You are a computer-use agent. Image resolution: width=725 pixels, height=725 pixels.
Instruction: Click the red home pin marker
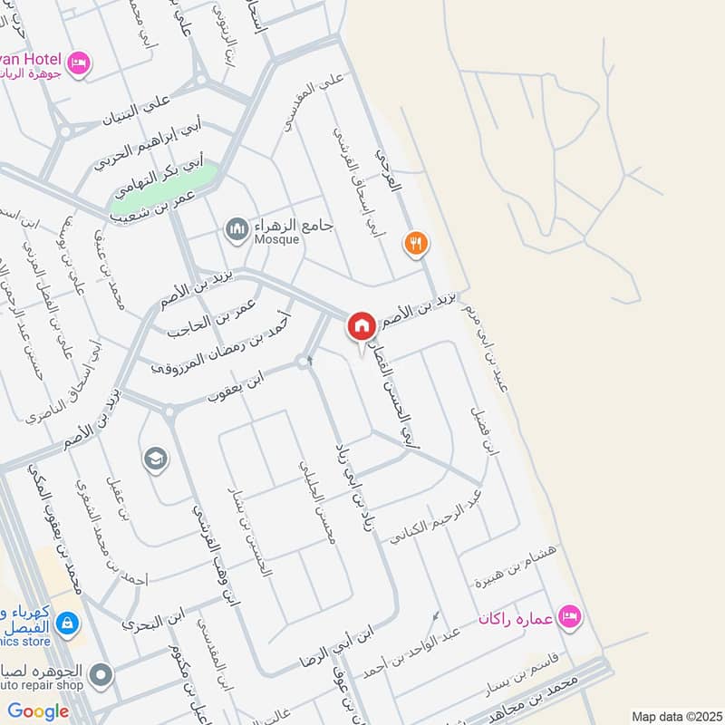361,326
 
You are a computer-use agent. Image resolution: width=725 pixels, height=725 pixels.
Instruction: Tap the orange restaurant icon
416,243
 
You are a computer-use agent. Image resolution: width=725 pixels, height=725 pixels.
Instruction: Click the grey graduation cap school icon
156,459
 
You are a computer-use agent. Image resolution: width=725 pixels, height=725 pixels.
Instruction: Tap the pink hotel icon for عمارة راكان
570,616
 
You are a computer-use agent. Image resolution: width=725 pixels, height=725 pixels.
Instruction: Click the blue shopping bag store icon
66,623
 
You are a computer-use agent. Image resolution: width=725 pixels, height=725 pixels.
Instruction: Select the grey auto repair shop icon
101,675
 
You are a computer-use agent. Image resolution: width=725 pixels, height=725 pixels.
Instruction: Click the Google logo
38,711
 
